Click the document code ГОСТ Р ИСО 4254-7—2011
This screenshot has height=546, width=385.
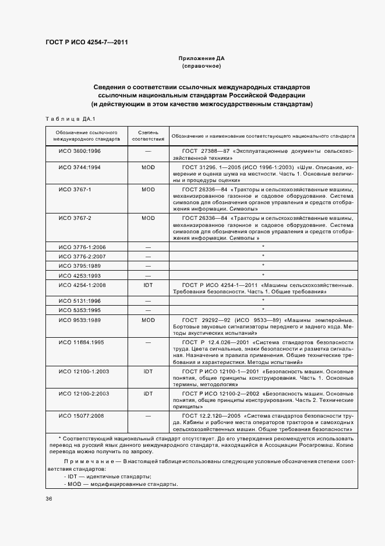click(87, 43)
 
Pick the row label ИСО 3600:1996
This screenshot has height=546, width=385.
click(80, 151)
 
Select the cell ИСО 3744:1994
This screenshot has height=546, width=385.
click(80, 167)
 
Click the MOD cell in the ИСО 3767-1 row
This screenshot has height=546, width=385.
click(148, 190)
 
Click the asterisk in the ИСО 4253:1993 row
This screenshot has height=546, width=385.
click(263, 275)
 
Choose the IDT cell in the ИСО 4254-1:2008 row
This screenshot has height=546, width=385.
click(148, 285)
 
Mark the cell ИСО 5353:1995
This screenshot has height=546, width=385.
click(80, 310)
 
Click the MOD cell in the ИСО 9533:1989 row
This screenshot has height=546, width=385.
click(148, 320)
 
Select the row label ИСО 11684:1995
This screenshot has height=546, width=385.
click(81, 342)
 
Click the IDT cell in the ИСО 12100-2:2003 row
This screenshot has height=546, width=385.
click(148, 394)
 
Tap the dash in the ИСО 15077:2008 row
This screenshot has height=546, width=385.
click(148, 416)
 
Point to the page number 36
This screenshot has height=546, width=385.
click(49, 499)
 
